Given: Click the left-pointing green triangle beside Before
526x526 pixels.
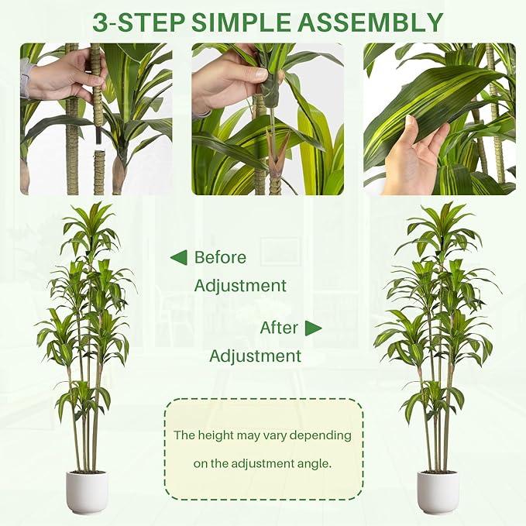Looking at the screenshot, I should tap(178, 258).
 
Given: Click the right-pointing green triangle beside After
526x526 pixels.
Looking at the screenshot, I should tap(313, 328).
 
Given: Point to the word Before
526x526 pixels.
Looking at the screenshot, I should tap(220, 258).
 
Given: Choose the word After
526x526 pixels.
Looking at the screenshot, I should tap(279, 328).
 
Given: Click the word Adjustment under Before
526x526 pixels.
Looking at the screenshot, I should tap(240, 286).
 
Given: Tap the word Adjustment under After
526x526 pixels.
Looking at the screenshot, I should tap(255, 356).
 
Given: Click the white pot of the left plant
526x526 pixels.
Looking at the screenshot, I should tap(86, 492).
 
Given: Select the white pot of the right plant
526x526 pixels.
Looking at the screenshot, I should tap(438, 492).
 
